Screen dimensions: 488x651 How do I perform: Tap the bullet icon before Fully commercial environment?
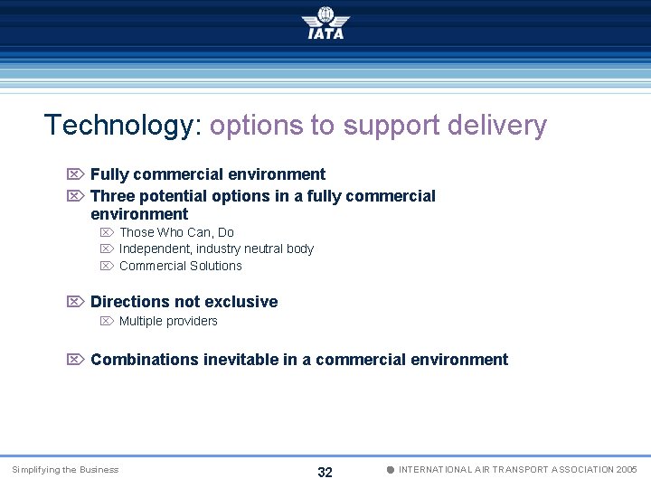(x=76, y=174)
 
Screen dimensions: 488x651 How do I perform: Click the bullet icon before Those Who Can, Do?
(x=106, y=233)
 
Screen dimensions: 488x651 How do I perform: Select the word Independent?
(x=155, y=249)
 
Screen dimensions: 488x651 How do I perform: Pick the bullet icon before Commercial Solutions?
(x=106, y=266)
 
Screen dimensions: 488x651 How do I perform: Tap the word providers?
(x=193, y=321)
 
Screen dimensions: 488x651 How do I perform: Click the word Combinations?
(x=144, y=360)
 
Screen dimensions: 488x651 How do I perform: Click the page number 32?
(x=325, y=472)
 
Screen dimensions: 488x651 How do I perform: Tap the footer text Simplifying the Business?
(x=65, y=470)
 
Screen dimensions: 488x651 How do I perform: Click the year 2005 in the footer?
(x=626, y=470)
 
